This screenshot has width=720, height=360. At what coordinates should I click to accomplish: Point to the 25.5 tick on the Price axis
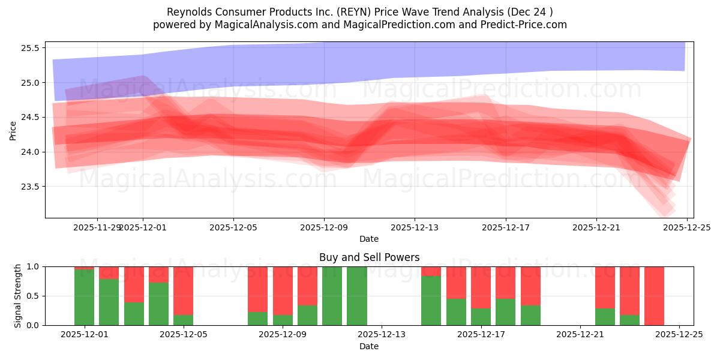pyautogui.click(x=31, y=48)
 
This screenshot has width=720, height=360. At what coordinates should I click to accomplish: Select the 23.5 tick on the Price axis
pyautogui.click(x=31, y=187)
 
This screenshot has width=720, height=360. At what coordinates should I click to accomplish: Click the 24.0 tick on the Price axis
pyautogui.click(x=31, y=152)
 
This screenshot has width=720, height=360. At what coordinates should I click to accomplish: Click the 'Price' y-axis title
pyautogui.click(x=13, y=130)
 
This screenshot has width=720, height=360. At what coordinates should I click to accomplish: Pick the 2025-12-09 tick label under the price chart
pyautogui.click(x=324, y=228)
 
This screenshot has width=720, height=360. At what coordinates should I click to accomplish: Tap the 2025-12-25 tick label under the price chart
pyautogui.click(x=686, y=228)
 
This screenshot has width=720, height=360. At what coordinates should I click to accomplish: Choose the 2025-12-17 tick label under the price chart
pyautogui.click(x=505, y=228)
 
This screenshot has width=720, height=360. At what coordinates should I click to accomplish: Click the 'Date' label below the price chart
pyautogui.click(x=369, y=239)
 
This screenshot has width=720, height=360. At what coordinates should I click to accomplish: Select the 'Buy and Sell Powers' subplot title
pyautogui.click(x=369, y=257)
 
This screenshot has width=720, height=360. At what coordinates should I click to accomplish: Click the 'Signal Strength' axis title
pyautogui.click(x=18, y=296)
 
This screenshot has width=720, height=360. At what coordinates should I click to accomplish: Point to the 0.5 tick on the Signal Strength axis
pyautogui.click(x=34, y=296)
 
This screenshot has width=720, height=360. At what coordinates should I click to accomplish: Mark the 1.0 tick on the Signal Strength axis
pyautogui.click(x=34, y=266)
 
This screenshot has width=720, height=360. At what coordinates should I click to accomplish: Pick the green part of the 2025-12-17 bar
pyautogui.click(x=481, y=317)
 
